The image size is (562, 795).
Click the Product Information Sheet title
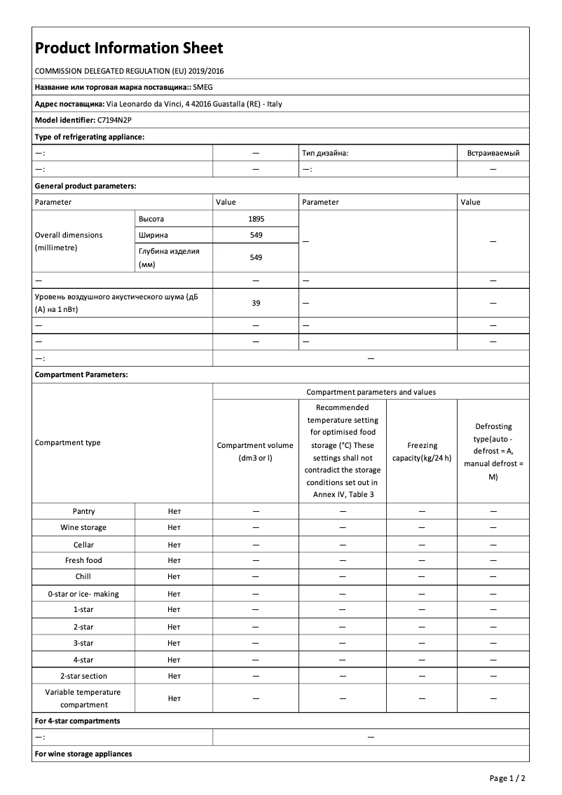(129, 48)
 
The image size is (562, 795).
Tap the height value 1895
(256, 219)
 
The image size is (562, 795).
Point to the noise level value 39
(256, 303)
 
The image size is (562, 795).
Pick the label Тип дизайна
(325, 153)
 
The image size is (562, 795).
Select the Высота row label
(151, 219)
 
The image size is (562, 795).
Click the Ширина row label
(153, 235)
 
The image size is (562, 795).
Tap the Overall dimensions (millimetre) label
(69, 241)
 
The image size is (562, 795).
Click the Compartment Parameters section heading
(81, 375)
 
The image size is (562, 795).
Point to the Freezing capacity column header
(422, 452)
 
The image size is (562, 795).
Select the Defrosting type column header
(493, 451)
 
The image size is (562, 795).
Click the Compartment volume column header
(256, 451)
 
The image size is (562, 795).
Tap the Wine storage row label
(83, 528)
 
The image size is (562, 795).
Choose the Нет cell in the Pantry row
(174, 512)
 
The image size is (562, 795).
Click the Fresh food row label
(83, 560)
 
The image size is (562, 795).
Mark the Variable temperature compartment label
(83, 698)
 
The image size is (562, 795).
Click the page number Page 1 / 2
(507, 778)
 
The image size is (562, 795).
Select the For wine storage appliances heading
(83, 754)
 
